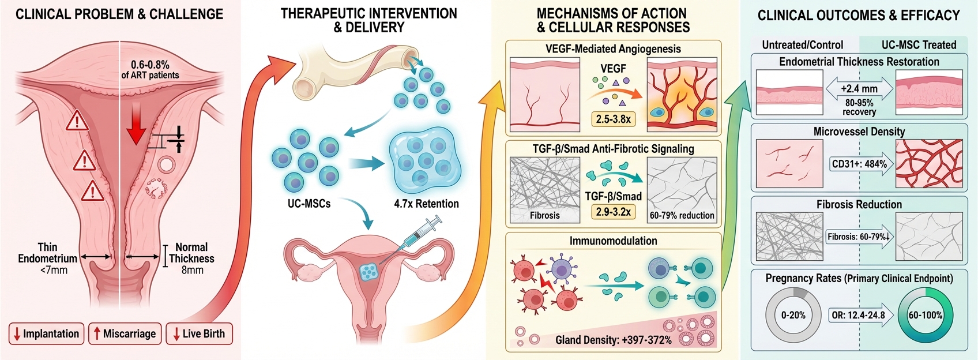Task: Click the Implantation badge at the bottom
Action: click(x=46, y=333)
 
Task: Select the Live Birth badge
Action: click(x=199, y=333)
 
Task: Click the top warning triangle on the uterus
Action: click(x=77, y=122)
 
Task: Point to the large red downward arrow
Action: click(x=136, y=123)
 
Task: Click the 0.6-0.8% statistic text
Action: click(x=150, y=65)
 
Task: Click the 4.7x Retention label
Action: click(x=426, y=204)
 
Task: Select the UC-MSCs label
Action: click(x=309, y=204)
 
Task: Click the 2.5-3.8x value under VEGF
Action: click(x=613, y=119)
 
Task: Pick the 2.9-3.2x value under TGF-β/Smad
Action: click(x=613, y=212)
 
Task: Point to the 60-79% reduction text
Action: click(x=682, y=215)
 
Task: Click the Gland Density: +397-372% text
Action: click(x=614, y=340)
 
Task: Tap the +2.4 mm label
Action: click(x=859, y=89)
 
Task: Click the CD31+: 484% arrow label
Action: click(x=859, y=164)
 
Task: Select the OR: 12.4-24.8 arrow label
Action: click(x=859, y=315)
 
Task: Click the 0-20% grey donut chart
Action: click(x=793, y=315)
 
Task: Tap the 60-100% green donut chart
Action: click(x=926, y=315)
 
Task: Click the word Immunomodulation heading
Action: click(x=613, y=241)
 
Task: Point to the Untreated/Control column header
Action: click(x=802, y=45)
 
